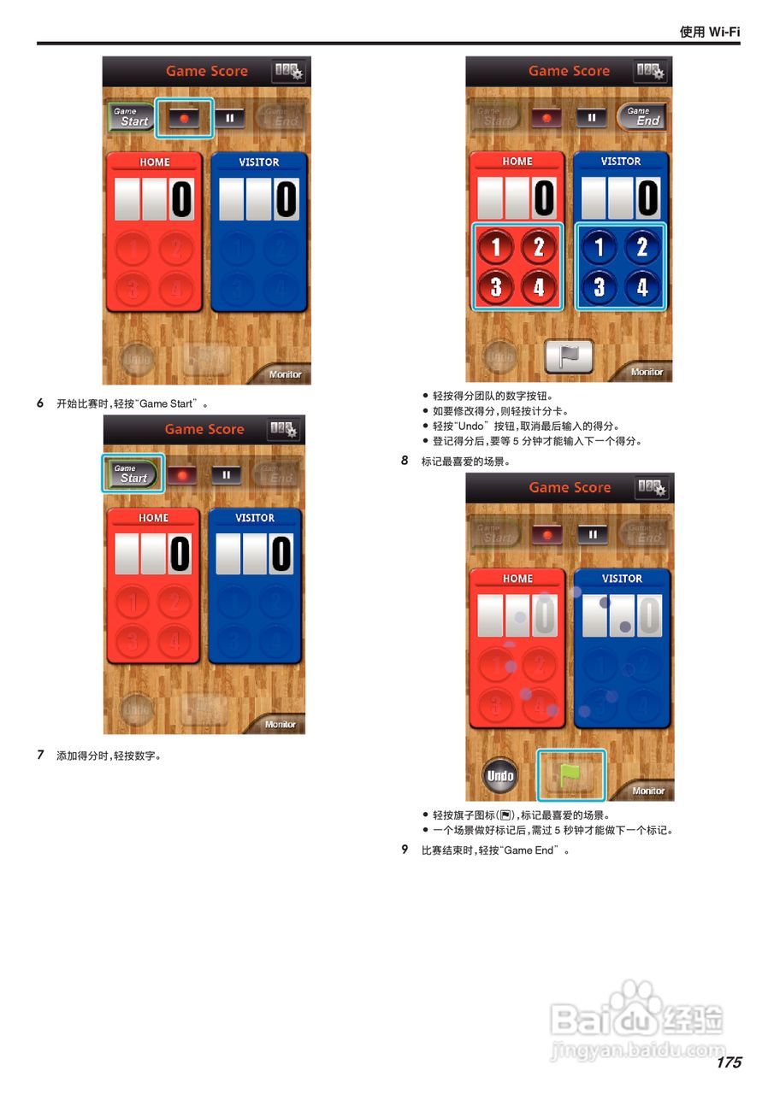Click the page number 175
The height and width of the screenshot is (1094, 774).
(x=729, y=1062)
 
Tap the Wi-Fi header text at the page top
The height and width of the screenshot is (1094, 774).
(x=709, y=32)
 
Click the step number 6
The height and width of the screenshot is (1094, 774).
(x=40, y=403)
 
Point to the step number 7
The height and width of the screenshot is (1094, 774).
(x=40, y=755)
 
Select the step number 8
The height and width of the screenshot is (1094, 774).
(x=405, y=461)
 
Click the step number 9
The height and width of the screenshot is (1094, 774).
(x=405, y=850)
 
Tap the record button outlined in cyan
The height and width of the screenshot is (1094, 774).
(x=184, y=118)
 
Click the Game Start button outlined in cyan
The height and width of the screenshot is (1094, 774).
(x=133, y=473)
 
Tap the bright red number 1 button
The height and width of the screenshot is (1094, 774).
(x=496, y=247)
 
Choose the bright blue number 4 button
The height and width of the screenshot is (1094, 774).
(x=642, y=286)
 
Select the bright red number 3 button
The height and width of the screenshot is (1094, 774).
(x=496, y=286)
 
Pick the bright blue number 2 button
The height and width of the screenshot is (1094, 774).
(x=642, y=247)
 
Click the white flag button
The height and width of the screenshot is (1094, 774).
(x=569, y=356)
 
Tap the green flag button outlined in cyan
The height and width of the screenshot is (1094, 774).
(x=570, y=774)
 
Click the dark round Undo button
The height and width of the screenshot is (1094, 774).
(x=500, y=776)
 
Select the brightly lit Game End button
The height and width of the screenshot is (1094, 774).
(x=641, y=116)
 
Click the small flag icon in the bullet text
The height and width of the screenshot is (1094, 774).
(x=505, y=815)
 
